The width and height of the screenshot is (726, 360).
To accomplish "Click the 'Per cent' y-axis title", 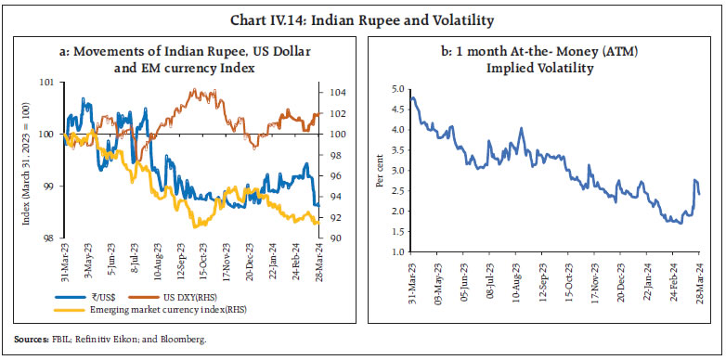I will click(380, 172).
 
